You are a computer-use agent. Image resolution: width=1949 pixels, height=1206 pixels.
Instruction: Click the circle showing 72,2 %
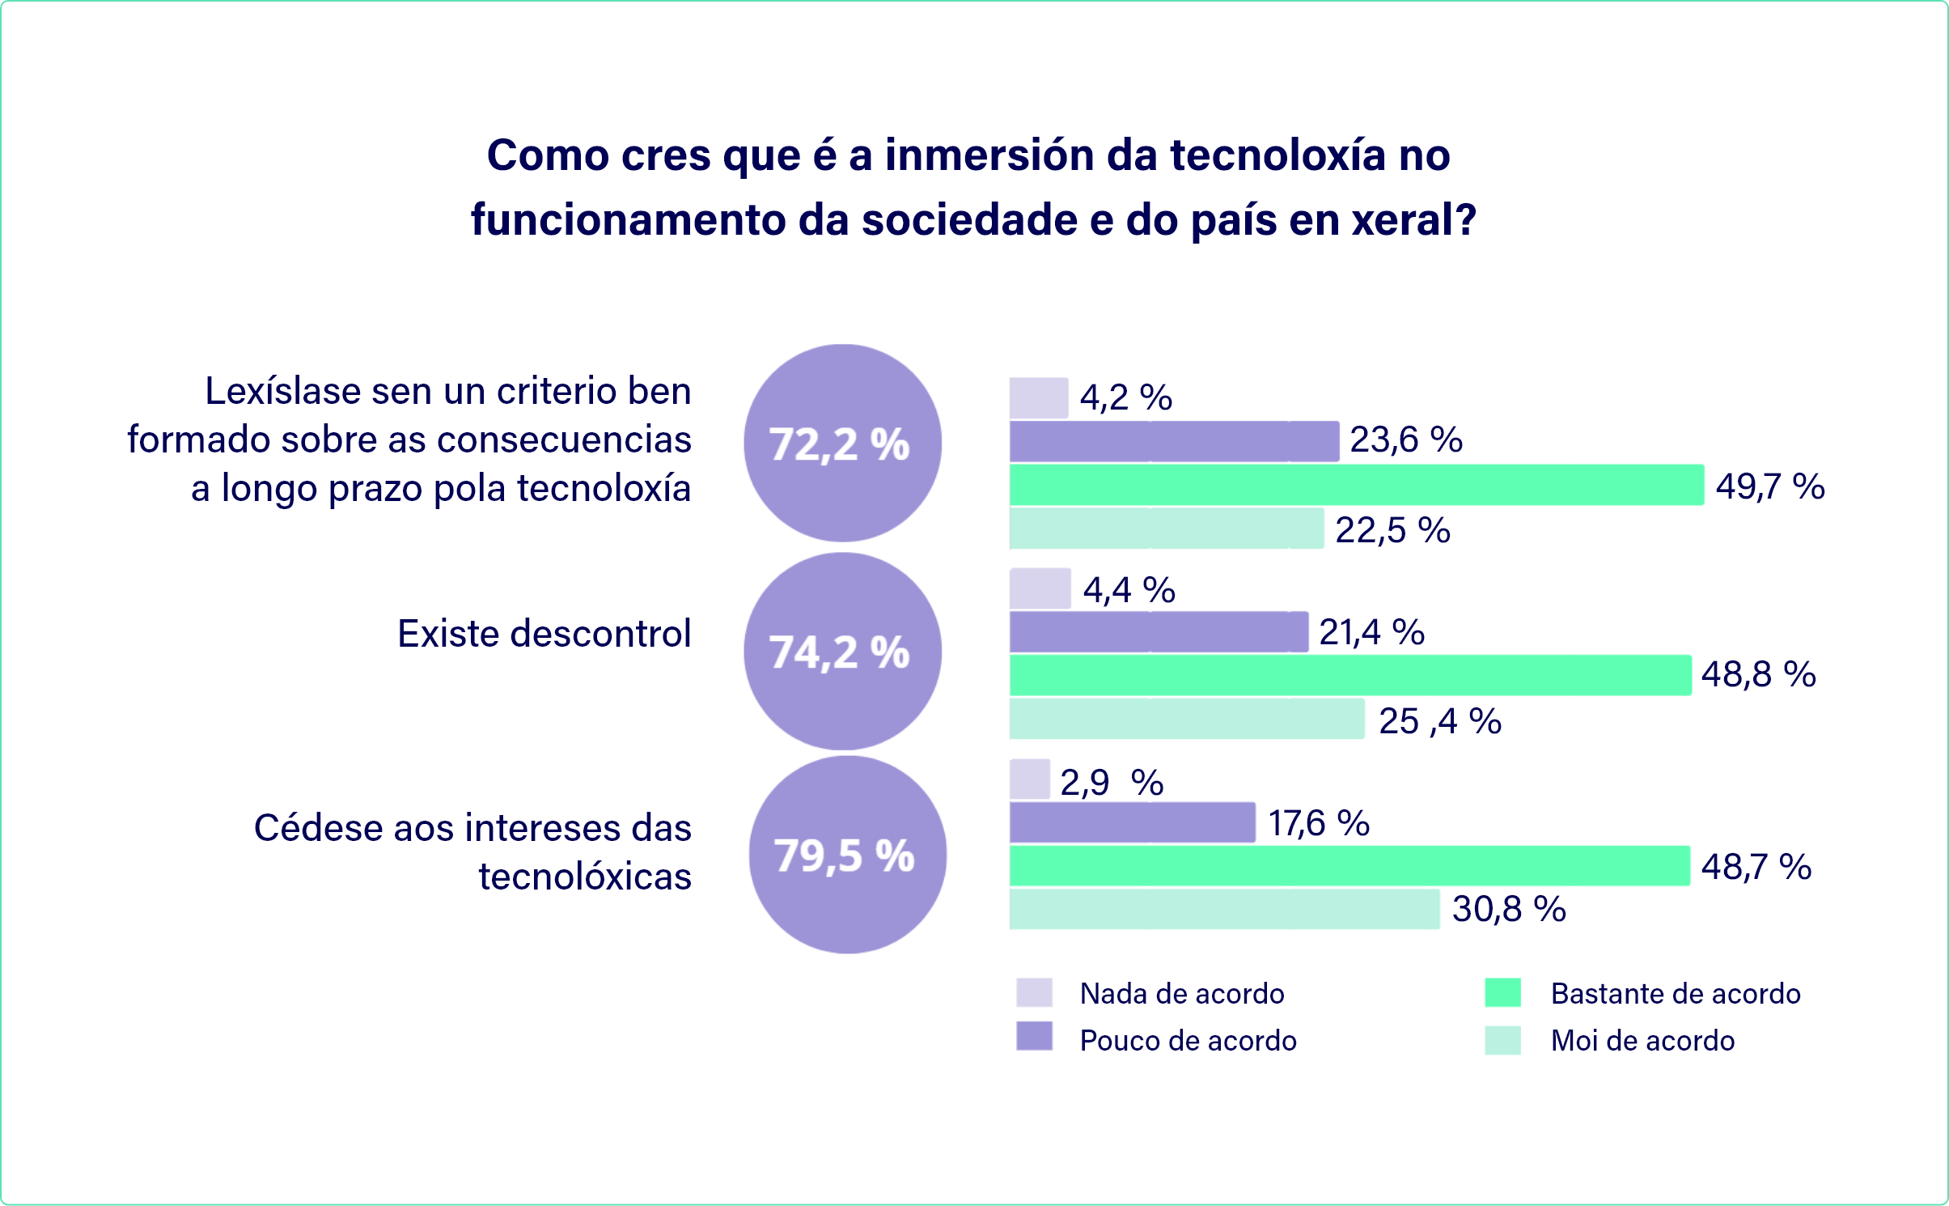tap(842, 443)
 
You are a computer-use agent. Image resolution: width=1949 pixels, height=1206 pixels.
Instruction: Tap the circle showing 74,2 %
tap(842, 651)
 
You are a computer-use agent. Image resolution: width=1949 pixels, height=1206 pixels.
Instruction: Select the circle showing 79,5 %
tap(847, 855)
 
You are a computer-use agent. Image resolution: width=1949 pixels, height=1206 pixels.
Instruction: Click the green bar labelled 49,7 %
tap(1356, 485)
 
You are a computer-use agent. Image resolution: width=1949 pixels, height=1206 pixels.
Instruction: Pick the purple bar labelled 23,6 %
tap(1173, 441)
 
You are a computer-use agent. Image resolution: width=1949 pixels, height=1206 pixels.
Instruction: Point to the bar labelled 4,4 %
tap(1040, 588)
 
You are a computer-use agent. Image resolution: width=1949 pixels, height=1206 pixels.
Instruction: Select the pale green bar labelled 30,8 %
tap(1224, 909)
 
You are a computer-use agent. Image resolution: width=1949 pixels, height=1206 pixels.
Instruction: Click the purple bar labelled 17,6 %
tap(1132, 822)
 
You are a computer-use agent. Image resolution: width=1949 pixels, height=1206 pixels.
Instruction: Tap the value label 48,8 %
tap(1758, 674)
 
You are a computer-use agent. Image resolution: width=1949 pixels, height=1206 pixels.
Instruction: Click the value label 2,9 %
tap(1112, 783)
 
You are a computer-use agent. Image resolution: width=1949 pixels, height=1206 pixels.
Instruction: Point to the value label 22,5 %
tap(1392, 530)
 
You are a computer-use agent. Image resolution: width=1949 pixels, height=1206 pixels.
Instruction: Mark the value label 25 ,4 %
tap(1439, 720)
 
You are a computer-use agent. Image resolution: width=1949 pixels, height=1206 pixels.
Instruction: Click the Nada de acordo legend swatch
tap(1034, 992)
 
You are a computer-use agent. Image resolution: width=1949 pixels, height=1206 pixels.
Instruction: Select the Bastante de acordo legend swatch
tap(1502, 992)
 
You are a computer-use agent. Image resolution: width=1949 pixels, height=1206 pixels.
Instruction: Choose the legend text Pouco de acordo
tap(1188, 1040)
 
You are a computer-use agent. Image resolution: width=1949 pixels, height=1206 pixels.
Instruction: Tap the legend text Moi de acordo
tap(1642, 1040)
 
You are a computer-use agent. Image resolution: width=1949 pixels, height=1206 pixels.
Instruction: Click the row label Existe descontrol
tap(544, 633)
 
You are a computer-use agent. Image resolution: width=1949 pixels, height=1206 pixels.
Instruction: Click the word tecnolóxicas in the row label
tap(585, 876)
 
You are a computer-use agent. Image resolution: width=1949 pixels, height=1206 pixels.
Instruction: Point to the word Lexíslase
tap(282, 391)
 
